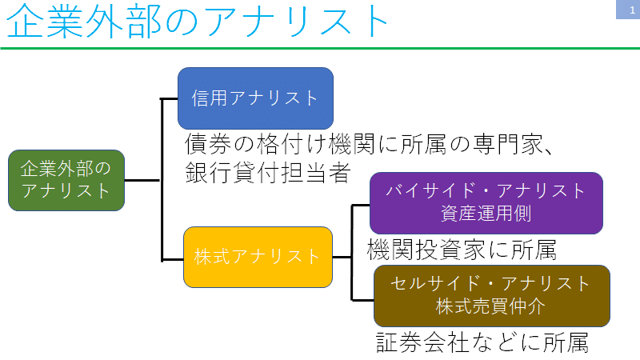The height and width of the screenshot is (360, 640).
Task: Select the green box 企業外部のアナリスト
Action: click(x=66, y=180)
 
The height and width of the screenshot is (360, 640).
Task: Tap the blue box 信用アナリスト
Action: click(x=255, y=98)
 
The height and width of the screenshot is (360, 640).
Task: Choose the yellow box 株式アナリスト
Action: click(x=257, y=257)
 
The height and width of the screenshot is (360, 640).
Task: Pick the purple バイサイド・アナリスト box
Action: click(x=486, y=202)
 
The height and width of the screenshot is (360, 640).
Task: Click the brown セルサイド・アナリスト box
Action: click(x=491, y=295)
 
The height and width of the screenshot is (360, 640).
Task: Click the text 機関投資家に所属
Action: click(x=462, y=250)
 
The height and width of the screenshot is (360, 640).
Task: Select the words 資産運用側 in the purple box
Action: click(x=486, y=214)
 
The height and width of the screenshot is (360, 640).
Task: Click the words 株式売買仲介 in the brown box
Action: click(x=491, y=306)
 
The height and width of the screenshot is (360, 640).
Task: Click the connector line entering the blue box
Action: click(x=170, y=99)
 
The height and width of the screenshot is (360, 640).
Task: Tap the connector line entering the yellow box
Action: click(x=172, y=258)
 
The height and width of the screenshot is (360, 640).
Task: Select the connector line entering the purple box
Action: click(x=361, y=205)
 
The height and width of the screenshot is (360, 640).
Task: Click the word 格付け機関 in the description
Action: click(x=305, y=146)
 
